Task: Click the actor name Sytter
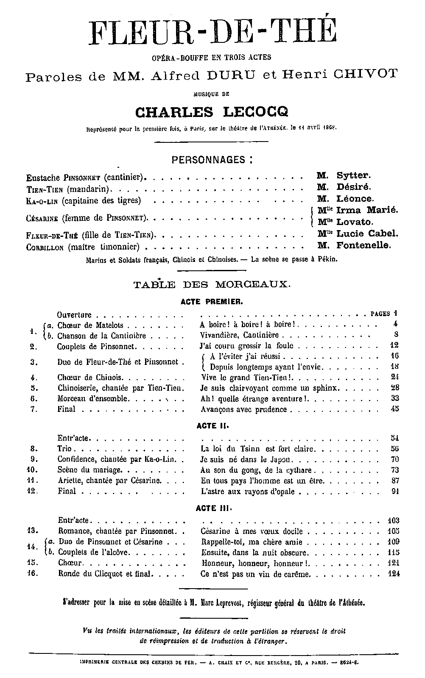354,175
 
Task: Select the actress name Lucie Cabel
367,233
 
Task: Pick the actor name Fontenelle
363,245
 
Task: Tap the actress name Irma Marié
367,210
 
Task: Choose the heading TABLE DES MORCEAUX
212,284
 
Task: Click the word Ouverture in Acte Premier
74,315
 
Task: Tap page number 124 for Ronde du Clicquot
394,575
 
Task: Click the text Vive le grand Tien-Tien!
248,378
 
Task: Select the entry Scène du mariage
89,470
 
